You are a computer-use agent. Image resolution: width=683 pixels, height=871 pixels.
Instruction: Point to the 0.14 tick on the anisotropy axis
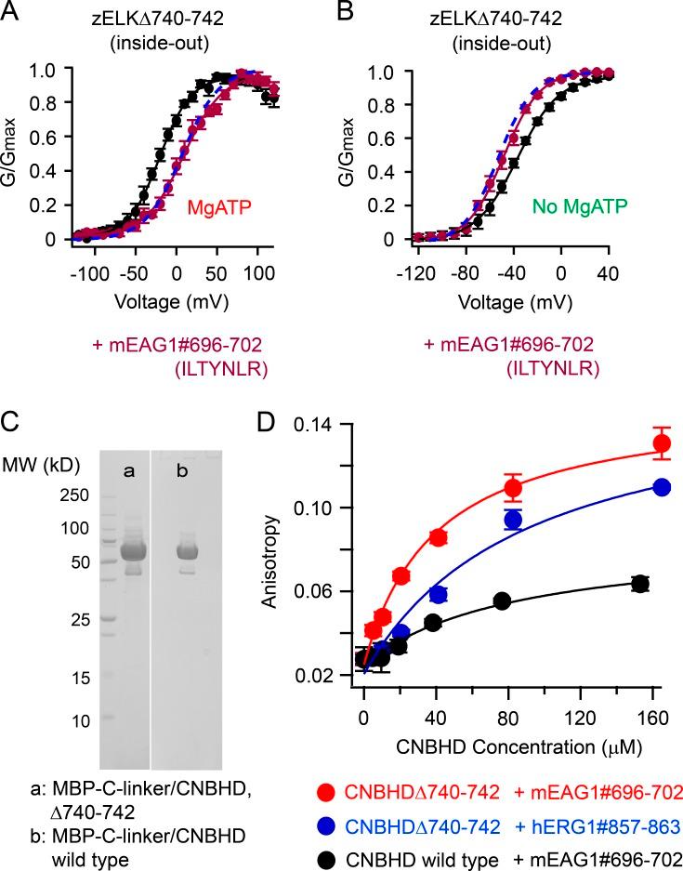click(319, 424)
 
